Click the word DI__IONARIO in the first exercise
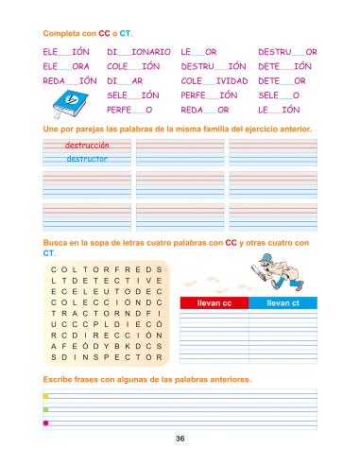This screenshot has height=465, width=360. click(139, 51)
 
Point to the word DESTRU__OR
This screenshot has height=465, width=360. click(287, 51)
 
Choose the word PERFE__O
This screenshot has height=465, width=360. click(130, 110)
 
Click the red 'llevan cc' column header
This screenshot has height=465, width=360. click(214, 302)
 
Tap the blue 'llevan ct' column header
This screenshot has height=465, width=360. click(283, 302)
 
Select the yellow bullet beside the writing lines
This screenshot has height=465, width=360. click(45, 396)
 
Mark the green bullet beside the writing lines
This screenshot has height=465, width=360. click(45, 409)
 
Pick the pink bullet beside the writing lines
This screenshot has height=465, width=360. click(45, 422)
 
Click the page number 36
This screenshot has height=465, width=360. click(180, 439)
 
